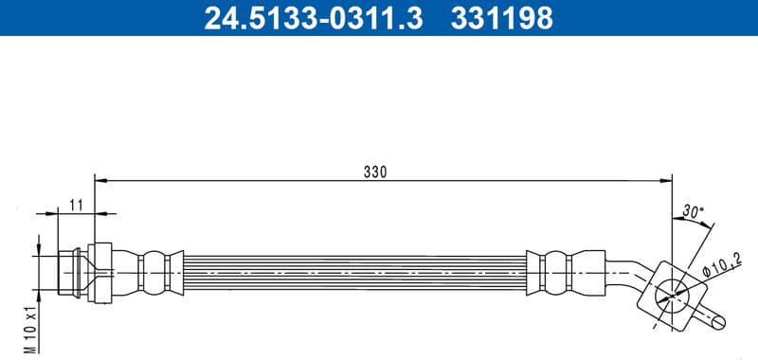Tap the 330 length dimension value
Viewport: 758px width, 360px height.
pos(376,171)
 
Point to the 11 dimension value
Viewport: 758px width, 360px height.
pos(77,204)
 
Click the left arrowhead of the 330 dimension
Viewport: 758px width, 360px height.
pos(99,179)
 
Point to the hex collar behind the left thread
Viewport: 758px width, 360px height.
pos(100,272)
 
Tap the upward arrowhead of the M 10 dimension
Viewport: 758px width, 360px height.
pos(38,242)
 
